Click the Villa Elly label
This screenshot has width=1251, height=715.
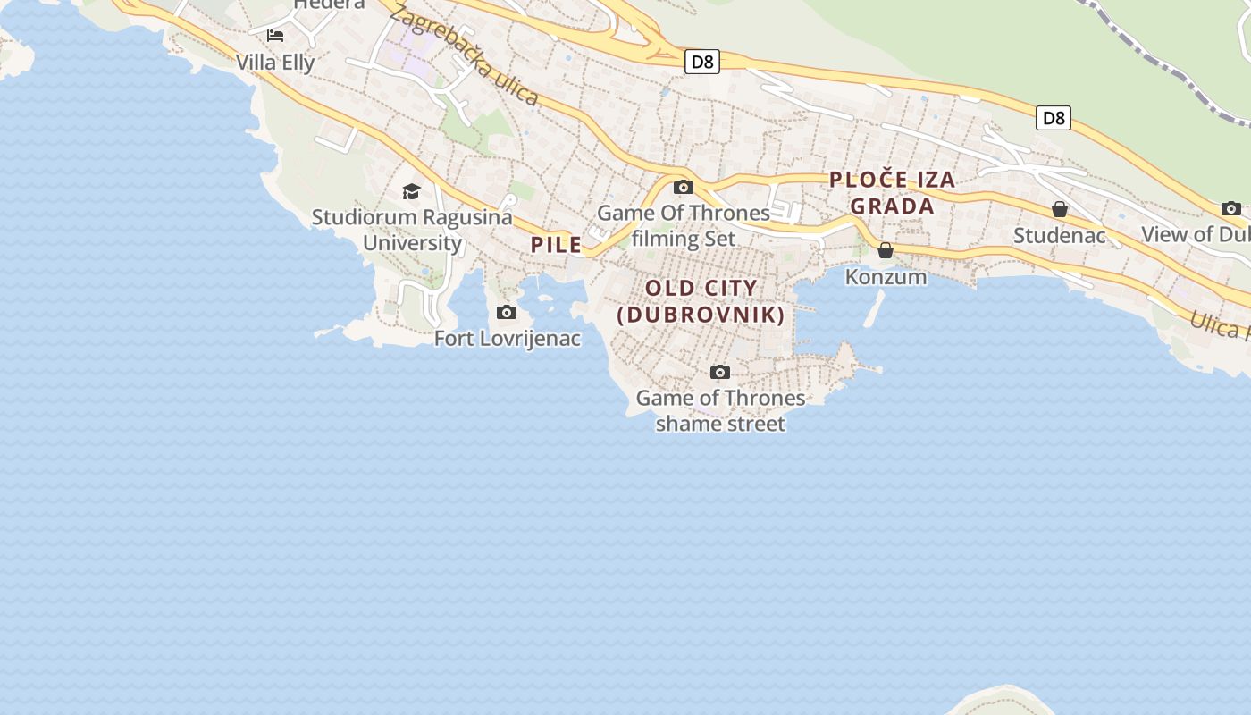pos(275,63)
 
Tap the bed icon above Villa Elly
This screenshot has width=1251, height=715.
pos(275,36)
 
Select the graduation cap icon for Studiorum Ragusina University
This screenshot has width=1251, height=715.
pos(411,191)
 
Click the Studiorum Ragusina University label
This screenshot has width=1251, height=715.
pos(412,230)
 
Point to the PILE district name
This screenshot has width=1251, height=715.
pos(556,245)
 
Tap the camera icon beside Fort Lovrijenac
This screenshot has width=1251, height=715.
pos(507,312)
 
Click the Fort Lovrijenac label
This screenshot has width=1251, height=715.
pos(508,339)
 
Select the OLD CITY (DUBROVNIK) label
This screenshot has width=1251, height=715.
pos(701,301)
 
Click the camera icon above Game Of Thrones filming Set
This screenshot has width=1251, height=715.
pos(684,187)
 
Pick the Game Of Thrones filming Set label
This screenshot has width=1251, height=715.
pos(684,225)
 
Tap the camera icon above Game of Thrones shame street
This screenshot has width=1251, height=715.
pos(720,372)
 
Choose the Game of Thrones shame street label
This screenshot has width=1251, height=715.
pos(720,410)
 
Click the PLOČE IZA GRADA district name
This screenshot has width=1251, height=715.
pos(893,192)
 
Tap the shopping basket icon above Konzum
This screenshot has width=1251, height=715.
pos(886,250)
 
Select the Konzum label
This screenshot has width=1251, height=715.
pos(886,277)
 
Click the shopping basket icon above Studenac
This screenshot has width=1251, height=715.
pos(1060,209)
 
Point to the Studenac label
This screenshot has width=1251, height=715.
pos(1060,236)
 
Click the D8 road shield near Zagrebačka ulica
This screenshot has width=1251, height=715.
pos(702,62)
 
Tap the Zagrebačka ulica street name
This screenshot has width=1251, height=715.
pos(465,55)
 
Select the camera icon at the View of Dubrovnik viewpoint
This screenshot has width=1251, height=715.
pos(1231,208)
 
